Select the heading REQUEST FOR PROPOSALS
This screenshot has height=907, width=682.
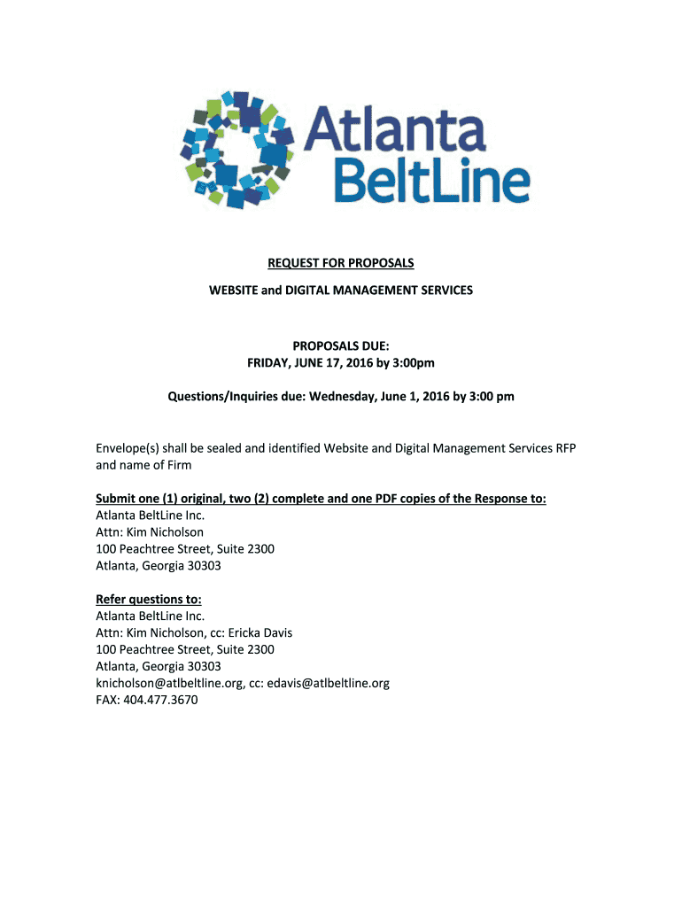341,263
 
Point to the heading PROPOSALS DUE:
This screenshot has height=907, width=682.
341,345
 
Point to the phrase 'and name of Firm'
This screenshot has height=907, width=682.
143,465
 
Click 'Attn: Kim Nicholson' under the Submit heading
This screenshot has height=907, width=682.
150,532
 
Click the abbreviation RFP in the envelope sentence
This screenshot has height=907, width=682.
565,448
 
